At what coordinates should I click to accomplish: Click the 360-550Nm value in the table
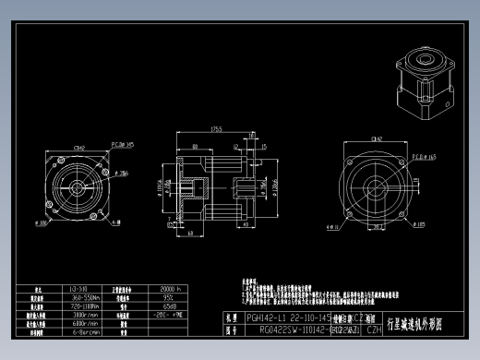pos(87,298)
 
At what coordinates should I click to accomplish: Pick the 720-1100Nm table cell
pos(87,306)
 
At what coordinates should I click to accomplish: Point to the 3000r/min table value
pos(87,316)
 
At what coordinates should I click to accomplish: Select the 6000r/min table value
pos(87,324)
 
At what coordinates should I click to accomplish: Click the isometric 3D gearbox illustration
pos(424,74)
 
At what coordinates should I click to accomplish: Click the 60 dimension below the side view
pos(190,234)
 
